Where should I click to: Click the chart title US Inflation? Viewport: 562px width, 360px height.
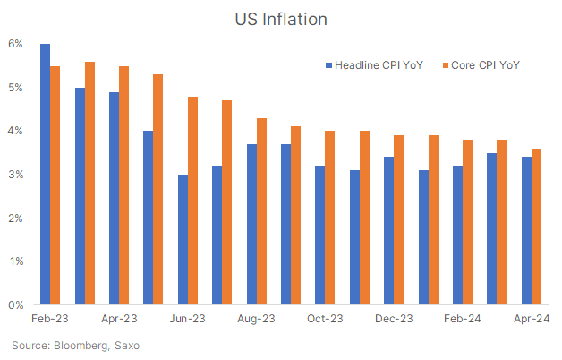(280, 18)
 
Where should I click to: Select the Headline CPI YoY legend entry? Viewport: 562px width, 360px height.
(379, 64)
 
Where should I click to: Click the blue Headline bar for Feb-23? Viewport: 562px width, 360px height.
(45, 175)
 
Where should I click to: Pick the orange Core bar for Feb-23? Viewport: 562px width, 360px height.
(55, 185)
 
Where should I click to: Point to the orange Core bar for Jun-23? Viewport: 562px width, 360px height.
(193, 201)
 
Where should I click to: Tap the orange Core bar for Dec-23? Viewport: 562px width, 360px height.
(399, 220)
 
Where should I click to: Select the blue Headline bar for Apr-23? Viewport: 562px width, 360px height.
(114, 199)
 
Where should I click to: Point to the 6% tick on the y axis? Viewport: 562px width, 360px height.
(16, 44)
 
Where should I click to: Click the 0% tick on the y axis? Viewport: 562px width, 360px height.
(16, 305)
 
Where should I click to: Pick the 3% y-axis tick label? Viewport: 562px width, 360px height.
(16, 175)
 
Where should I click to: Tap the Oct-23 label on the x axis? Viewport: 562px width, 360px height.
(325, 319)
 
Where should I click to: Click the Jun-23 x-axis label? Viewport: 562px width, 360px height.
(188, 319)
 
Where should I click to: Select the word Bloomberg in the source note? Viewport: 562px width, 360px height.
(80, 345)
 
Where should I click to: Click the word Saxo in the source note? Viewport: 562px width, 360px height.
(126, 345)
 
